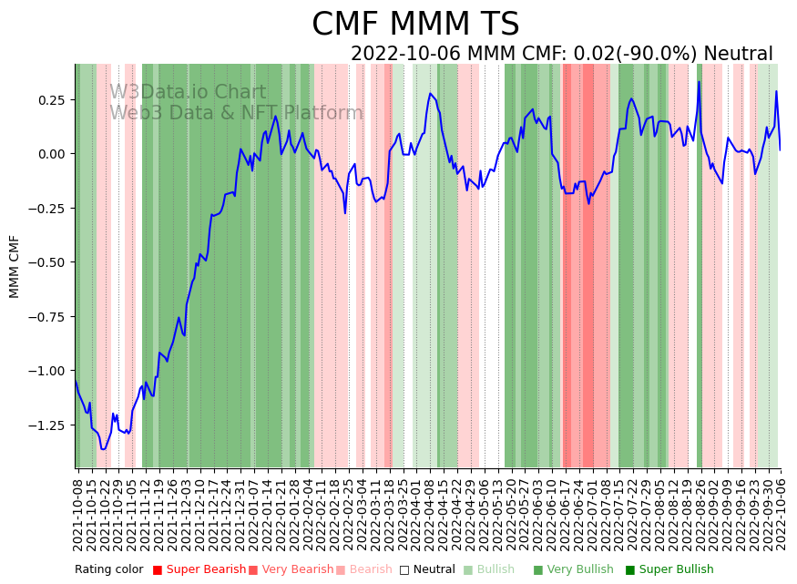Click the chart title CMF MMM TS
tap(415, 25)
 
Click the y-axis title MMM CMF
tap(15, 266)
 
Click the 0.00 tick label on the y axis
tap(53, 153)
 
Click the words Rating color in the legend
tap(108, 569)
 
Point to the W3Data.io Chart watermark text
tap(188, 92)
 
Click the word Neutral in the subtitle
tap(738, 54)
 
